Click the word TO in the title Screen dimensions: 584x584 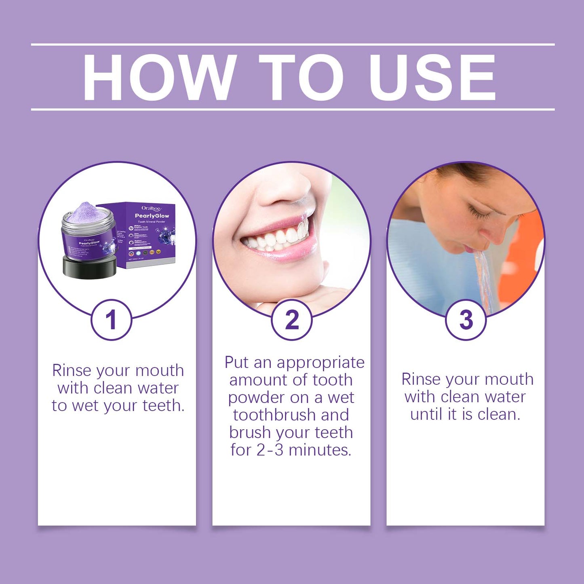point(301,77)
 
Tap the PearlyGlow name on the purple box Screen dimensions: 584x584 point(152,216)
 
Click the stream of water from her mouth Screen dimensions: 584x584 point(483,279)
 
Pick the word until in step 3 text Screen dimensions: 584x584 point(428,414)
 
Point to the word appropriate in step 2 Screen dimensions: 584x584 point(320,363)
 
